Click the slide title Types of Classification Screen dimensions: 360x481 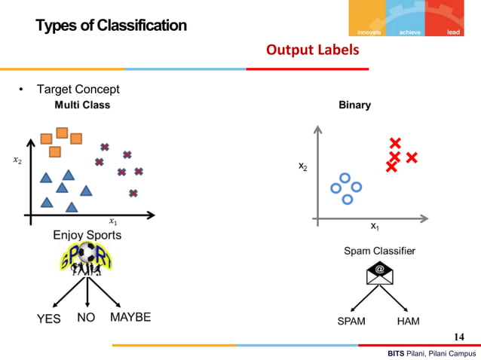pos(111,26)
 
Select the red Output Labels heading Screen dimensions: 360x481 pos(312,50)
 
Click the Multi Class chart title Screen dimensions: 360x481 pos(82,105)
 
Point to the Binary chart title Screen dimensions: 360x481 pos(354,105)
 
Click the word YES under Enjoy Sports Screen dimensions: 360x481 pos(49,319)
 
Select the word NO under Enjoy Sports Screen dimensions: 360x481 pos(86,318)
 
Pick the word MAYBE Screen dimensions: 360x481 pos(130,317)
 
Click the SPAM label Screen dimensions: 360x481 pos(351,321)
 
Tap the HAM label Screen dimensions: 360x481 pos(408,321)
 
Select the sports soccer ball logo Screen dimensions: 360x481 pos(88,260)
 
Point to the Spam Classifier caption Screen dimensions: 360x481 pos(379,250)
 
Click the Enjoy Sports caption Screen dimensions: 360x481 pos(87,235)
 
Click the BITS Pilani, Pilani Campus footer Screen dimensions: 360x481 pos(432,353)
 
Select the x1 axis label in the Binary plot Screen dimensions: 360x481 pos(375,226)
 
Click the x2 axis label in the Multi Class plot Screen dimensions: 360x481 pos(17,160)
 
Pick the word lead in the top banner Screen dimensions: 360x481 pos(453,32)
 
